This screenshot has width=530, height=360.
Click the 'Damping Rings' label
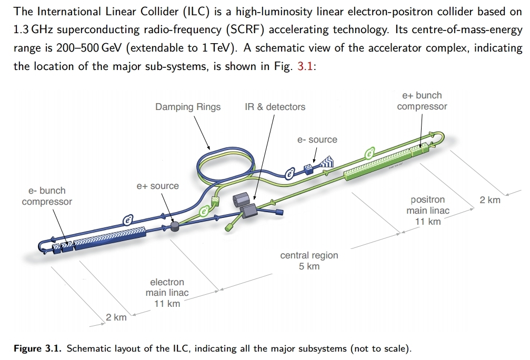(x=188, y=107)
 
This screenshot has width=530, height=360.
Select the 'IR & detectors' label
(x=275, y=107)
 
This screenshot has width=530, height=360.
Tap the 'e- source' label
(x=317, y=139)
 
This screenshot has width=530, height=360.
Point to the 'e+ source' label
(x=157, y=186)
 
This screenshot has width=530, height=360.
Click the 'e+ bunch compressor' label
(x=422, y=101)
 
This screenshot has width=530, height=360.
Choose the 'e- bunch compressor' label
(x=47, y=196)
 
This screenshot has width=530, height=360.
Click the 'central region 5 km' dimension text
(x=309, y=261)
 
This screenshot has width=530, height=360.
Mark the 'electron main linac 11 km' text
(x=167, y=293)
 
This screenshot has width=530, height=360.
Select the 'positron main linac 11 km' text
(x=427, y=211)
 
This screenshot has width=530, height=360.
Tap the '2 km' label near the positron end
(x=490, y=200)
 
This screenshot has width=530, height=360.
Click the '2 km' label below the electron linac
(x=116, y=317)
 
